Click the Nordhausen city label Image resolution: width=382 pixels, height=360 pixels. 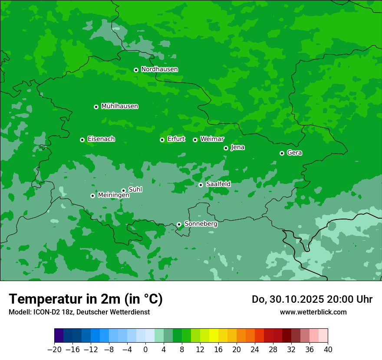[159, 69]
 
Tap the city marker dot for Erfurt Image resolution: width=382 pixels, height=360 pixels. [162, 140]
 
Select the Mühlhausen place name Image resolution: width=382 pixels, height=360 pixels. [119, 106]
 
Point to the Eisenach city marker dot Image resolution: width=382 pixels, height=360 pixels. [82, 140]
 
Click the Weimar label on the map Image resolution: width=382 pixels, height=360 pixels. [212, 139]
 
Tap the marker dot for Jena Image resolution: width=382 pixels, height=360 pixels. [226, 148]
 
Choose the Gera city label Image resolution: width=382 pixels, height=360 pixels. [294, 153]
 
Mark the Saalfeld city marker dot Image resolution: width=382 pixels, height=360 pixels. [201, 185]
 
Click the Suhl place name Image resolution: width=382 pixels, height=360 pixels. [135, 190]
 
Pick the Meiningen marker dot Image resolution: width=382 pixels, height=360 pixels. [92, 196]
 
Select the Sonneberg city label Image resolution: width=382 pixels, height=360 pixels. [201, 224]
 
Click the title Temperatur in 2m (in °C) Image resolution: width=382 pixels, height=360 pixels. [86, 299]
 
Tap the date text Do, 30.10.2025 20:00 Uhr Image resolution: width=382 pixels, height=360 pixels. [312, 299]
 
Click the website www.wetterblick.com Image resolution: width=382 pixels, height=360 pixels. [313, 312]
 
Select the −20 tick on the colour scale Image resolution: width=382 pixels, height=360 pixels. [54, 350]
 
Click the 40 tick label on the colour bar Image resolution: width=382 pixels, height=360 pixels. [328, 350]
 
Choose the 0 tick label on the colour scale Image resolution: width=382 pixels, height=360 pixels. [145, 350]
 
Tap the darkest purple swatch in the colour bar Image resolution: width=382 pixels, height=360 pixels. [59, 336]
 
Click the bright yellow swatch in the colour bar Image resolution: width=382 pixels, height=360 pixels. [214, 336]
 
